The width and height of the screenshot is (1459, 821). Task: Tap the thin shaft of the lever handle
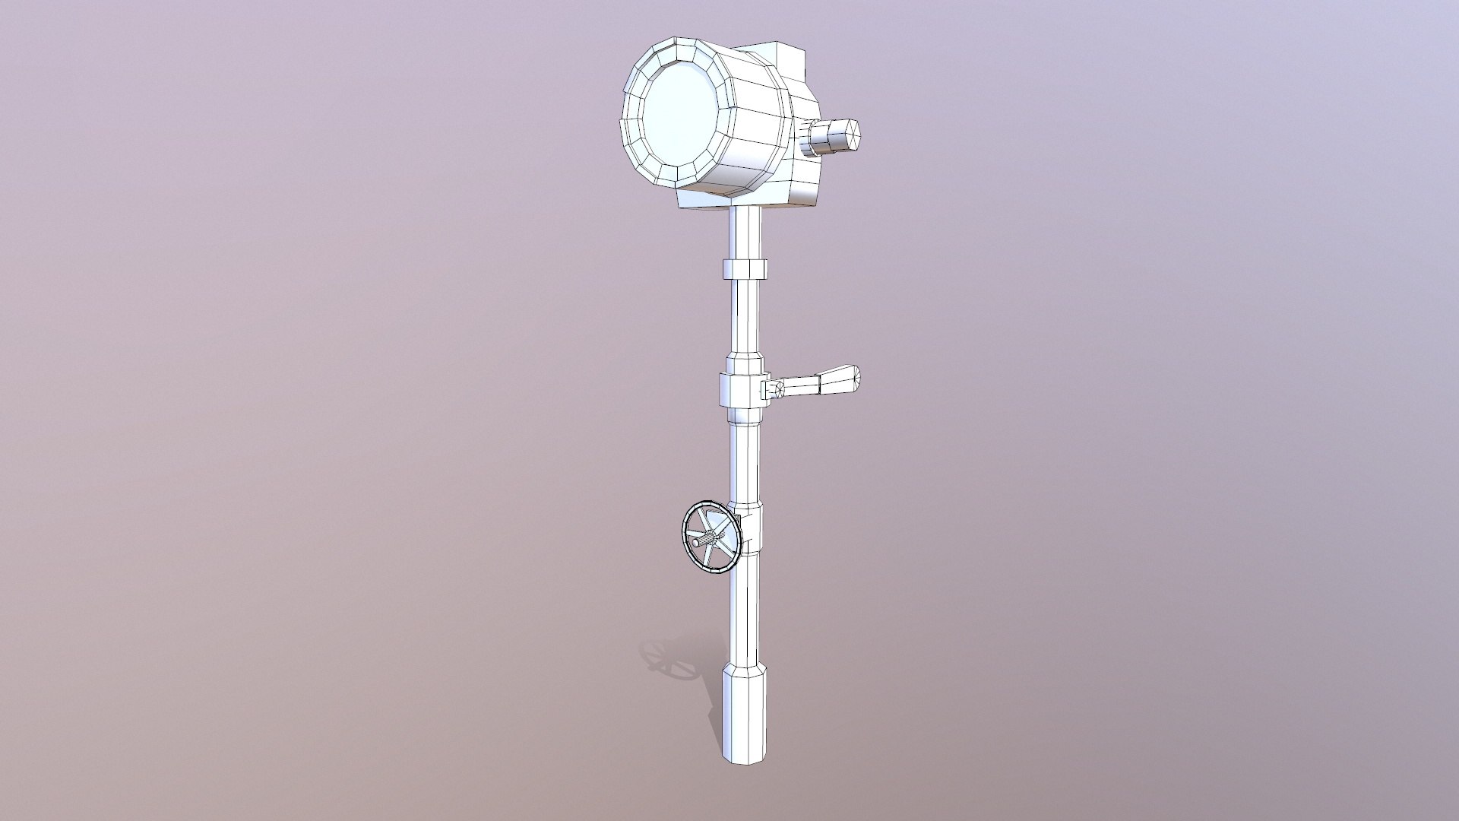click(x=798, y=386)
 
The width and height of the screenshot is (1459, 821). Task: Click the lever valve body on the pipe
click(x=739, y=391)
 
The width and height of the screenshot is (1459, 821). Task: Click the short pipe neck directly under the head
click(x=745, y=232)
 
